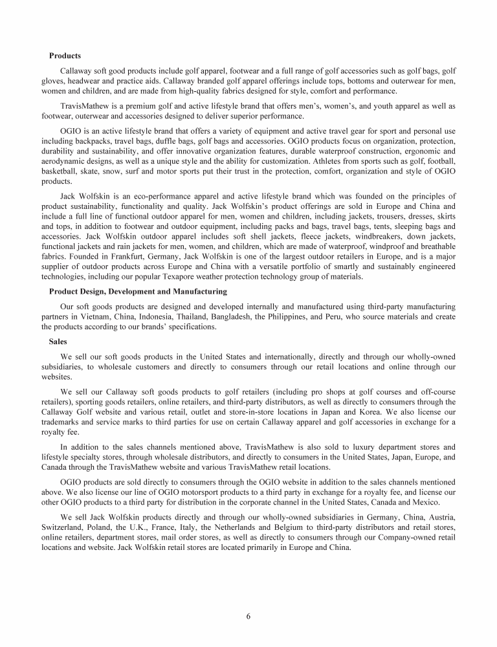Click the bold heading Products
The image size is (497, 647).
[x=65, y=56]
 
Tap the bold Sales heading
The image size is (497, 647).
[x=58, y=341]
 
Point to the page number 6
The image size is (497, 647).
[x=248, y=616]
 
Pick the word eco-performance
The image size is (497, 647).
[x=156, y=214]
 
